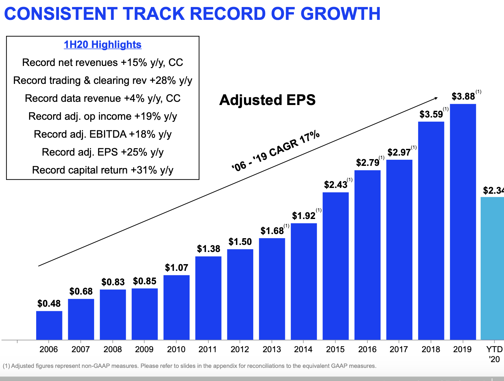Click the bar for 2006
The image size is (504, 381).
(49, 325)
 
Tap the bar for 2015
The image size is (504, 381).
(336, 266)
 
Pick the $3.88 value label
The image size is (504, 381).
(463, 96)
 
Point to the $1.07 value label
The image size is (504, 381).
(176, 268)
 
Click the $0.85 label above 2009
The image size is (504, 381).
(145, 281)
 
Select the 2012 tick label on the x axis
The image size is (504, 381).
(240, 349)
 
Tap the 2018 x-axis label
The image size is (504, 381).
(431, 349)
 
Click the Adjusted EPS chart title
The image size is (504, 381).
(267, 100)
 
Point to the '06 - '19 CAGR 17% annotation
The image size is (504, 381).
(276, 151)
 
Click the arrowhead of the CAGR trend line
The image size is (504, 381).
(436, 98)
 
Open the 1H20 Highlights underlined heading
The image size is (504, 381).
(102, 45)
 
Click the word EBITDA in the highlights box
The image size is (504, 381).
(108, 134)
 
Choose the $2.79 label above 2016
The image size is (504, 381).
(368, 163)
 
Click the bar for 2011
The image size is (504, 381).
(208, 298)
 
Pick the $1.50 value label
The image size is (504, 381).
(240, 242)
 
